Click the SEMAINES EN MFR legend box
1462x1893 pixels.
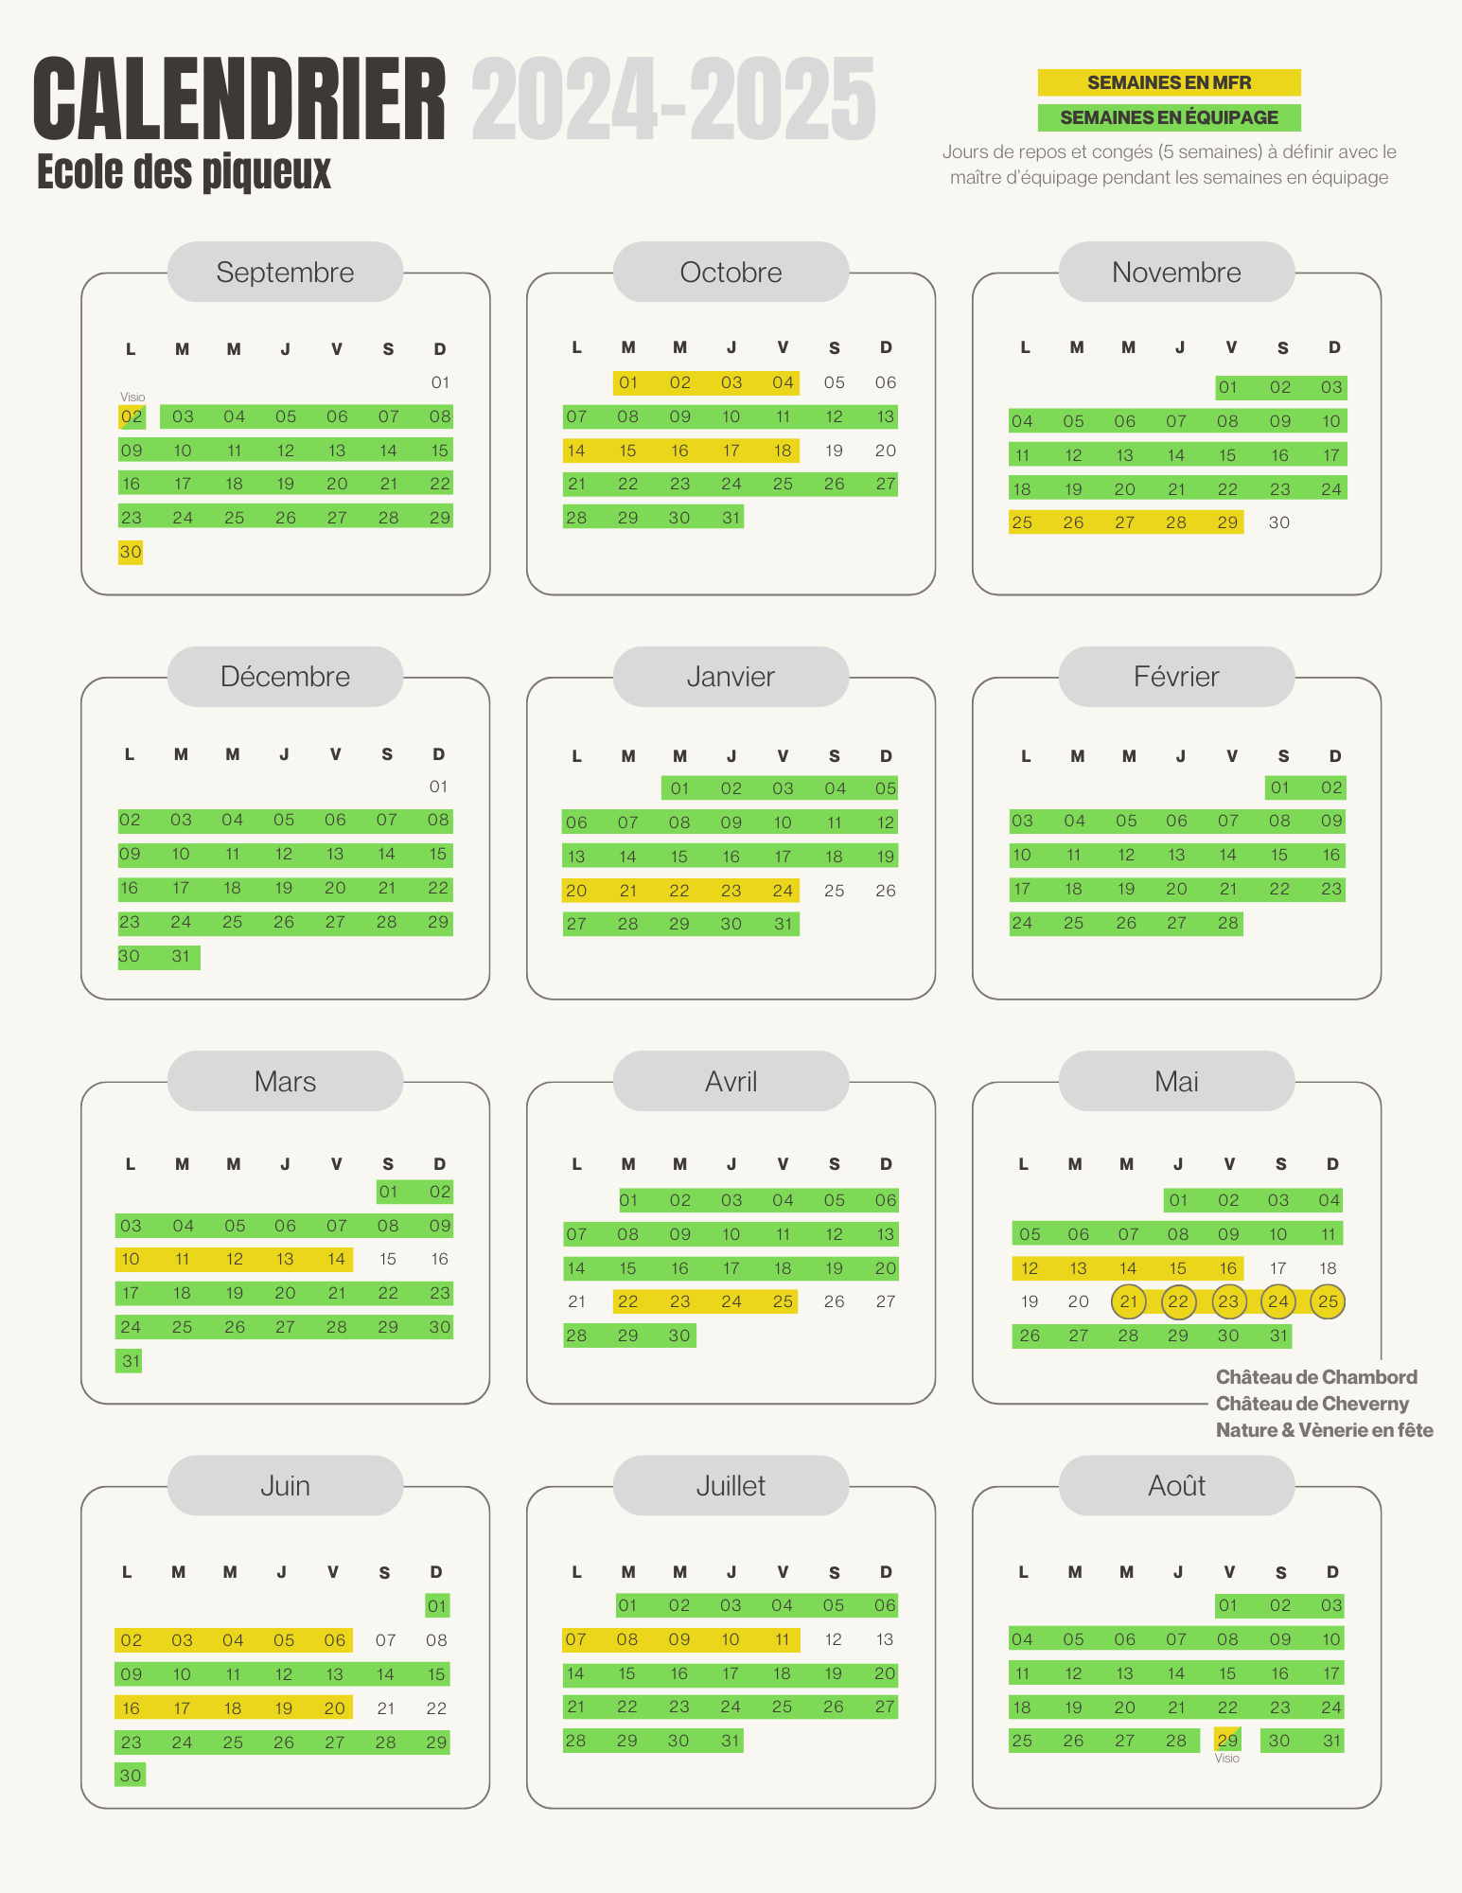(1169, 82)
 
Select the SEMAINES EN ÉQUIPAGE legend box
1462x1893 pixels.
(1169, 117)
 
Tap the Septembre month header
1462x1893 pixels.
(285, 273)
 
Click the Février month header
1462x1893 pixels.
(1176, 677)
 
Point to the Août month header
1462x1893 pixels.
(1176, 1485)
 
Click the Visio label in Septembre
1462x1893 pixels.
(132, 398)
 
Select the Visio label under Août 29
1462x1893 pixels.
(1227, 1759)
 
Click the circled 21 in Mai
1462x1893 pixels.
(1129, 1301)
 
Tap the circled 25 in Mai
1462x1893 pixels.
(1329, 1301)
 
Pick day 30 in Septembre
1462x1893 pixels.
(131, 552)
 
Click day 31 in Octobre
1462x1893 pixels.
(731, 518)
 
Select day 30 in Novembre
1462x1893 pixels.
(1279, 522)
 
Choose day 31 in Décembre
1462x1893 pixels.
(181, 956)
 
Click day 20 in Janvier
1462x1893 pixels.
(576, 891)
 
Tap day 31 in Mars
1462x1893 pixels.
(131, 1361)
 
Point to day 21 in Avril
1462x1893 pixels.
(576, 1301)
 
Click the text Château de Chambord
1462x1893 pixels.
(1316, 1377)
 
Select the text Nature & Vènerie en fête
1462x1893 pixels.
(1324, 1430)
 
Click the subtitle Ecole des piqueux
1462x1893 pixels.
(185, 172)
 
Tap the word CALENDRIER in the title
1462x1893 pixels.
(239, 99)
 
